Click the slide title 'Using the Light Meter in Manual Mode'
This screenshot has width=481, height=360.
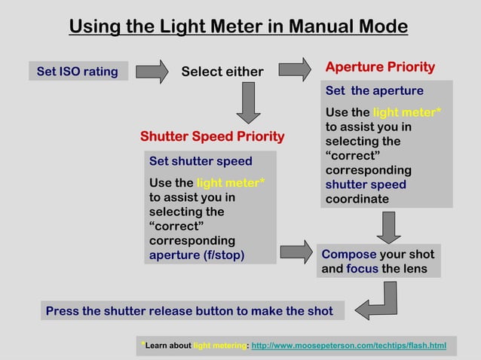point(238,26)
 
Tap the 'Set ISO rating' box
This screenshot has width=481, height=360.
point(78,72)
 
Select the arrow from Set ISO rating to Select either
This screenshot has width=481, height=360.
point(153,72)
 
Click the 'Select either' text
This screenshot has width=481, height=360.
point(222,72)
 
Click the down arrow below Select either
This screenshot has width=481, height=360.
point(248,102)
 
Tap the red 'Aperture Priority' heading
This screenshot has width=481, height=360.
point(380,67)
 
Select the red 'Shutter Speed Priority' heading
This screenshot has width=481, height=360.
point(212,136)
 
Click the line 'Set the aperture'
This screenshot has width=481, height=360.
point(374,91)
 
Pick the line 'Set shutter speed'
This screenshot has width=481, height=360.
point(201,161)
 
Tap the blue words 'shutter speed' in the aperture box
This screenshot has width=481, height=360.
point(366,185)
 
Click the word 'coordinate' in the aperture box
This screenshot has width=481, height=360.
point(357,199)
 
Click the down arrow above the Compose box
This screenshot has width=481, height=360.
point(388,227)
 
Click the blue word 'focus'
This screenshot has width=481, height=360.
point(362,269)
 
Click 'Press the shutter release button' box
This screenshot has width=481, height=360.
point(189,311)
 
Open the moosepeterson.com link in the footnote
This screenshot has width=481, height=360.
point(348,346)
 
